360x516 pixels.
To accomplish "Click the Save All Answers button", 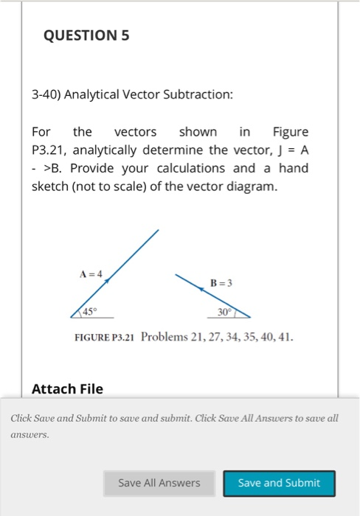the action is [x=159, y=483].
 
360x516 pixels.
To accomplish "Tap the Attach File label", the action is [x=68, y=388].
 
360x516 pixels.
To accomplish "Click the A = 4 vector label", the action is [x=92, y=273].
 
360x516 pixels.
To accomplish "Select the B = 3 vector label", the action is [x=221, y=282].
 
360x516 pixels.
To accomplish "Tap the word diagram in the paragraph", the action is [x=253, y=186].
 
